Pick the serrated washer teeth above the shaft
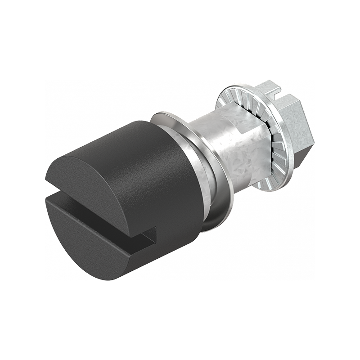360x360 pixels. [238, 97]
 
